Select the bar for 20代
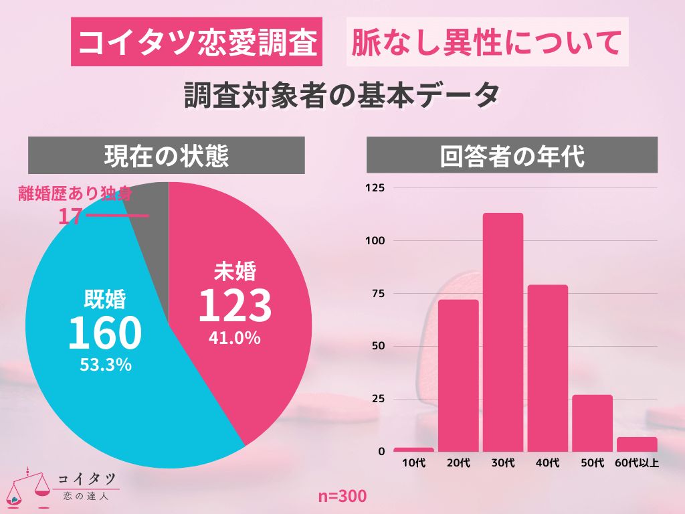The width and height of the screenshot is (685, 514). (458, 375)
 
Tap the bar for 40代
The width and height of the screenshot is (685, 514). (548, 368)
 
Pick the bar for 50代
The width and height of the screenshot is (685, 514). (593, 423)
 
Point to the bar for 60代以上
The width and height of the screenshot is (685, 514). (637, 444)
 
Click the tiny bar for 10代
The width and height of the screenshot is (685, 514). (413, 449)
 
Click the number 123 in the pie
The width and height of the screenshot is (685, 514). (235, 306)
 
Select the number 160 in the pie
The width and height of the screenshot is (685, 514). (105, 333)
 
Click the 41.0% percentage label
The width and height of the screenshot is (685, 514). (234, 339)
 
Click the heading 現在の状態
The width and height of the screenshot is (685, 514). (166, 155)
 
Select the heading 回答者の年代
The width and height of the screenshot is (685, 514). (512, 155)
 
